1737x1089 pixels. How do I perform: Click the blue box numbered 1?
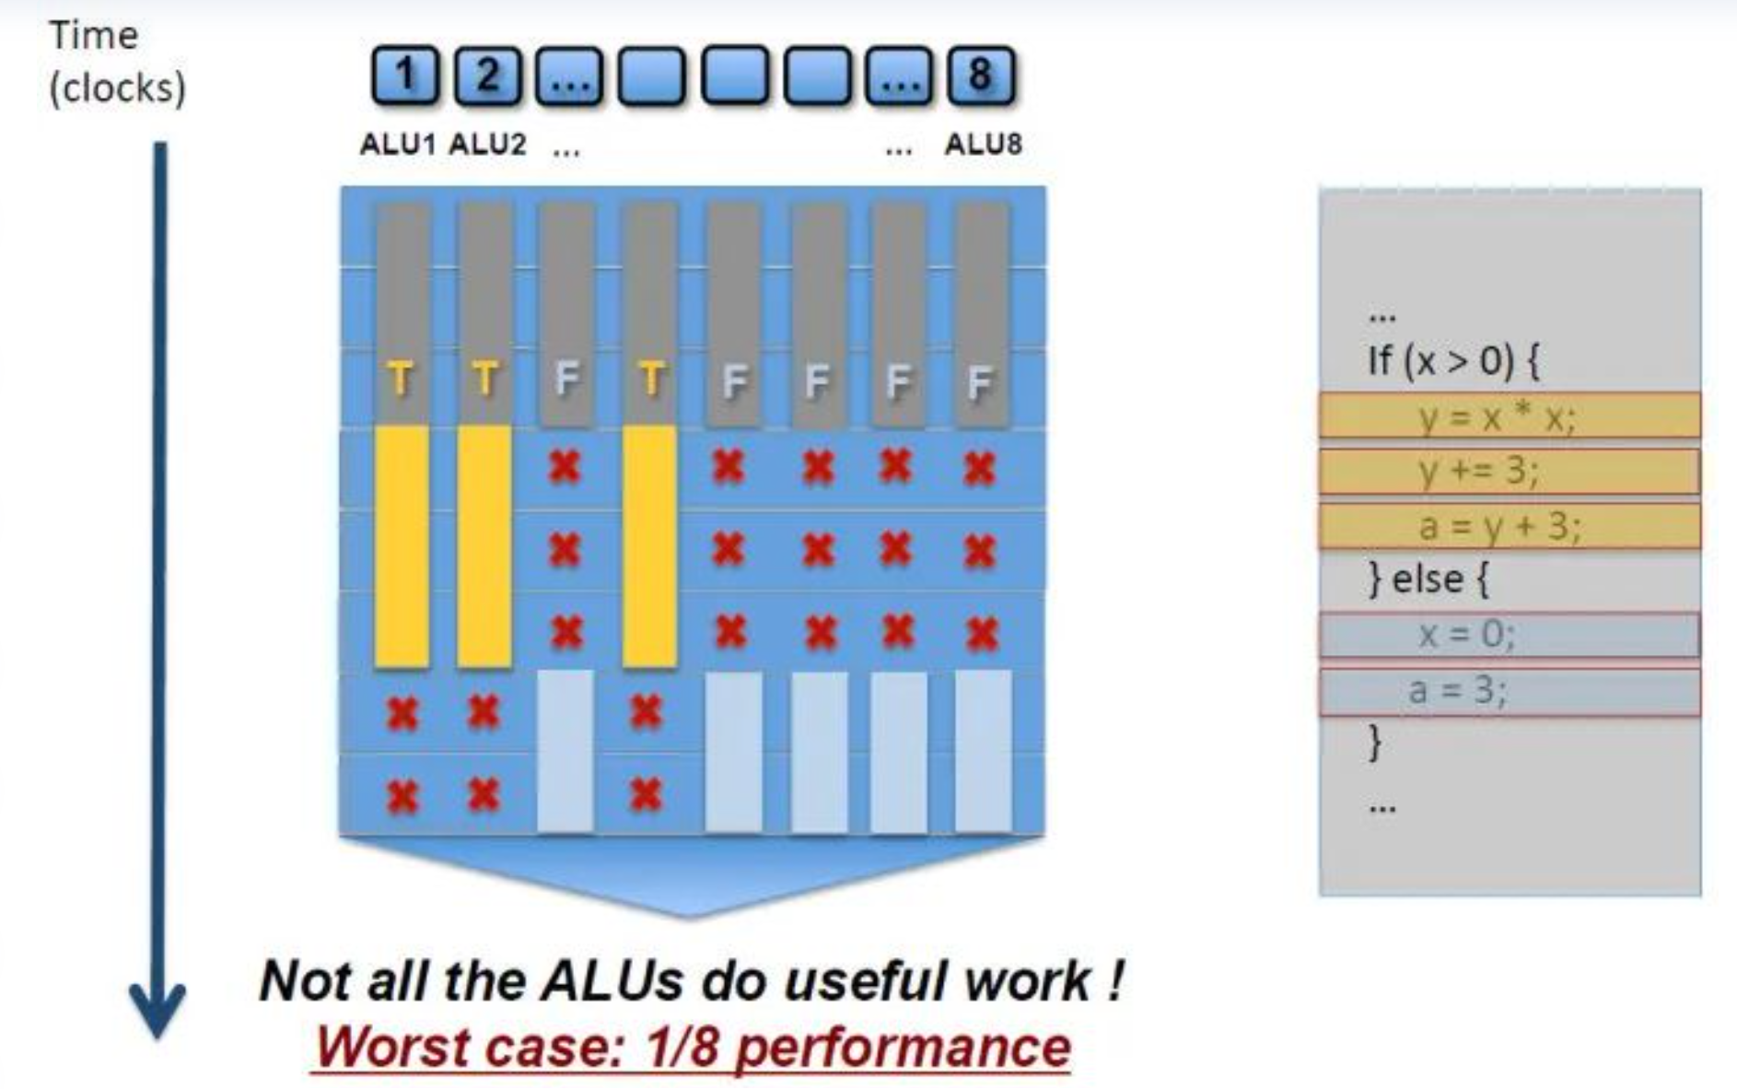[404, 75]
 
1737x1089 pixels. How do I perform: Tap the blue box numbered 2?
[487, 75]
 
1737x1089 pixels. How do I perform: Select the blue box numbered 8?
[981, 75]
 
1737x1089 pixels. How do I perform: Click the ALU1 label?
[397, 145]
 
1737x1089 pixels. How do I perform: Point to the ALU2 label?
[487, 145]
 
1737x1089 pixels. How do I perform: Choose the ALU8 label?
[983, 145]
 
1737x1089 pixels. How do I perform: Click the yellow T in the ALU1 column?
[400, 379]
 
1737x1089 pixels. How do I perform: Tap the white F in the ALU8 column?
[980, 381]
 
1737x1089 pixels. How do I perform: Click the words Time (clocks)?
[116, 62]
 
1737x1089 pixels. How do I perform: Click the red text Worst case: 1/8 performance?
[693, 1048]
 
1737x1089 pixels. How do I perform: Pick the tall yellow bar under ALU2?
[484, 545]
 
